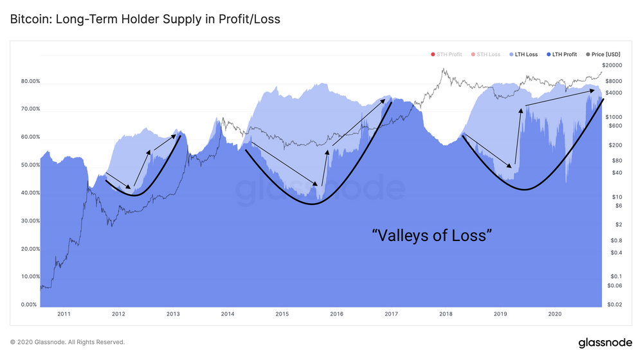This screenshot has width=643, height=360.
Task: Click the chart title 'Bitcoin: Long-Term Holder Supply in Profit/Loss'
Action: coord(145,20)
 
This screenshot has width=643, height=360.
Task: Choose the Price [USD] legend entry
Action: coord(603,55)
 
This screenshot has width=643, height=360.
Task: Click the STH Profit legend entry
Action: coord(447,55)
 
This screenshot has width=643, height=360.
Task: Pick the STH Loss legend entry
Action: coord(486,55)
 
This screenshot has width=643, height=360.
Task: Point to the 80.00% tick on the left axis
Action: coord(30,82)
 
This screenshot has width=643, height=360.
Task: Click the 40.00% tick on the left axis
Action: coord(30,193)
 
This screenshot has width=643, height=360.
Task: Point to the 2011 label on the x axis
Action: coord(64,314)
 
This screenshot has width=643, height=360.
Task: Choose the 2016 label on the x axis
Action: coord(336,314)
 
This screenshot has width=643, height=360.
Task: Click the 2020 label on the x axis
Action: coord(555,314)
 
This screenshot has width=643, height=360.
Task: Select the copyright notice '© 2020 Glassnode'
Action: coord(68,343)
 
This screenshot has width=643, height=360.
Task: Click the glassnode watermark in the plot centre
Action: coord(320,188)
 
